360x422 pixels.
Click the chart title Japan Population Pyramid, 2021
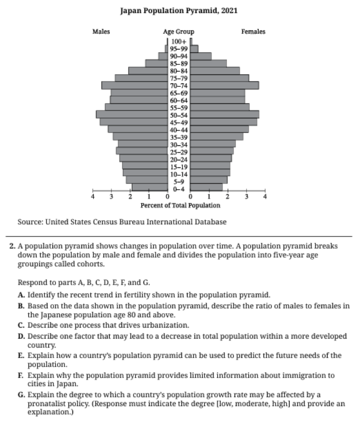click(x=179, y=10)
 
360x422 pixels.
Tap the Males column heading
click(x=101, y=31)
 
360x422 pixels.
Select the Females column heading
click(x=253, y=31)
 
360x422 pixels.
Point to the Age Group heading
click(x=178, y=31)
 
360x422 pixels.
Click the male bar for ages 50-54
click(x=131, y=114)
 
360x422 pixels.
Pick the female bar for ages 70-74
click(x=224, y=85)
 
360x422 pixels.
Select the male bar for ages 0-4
click(x=149, y=187)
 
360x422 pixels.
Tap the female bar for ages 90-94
click(x=200, y=56)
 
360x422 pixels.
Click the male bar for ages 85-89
click(x=156, y=63)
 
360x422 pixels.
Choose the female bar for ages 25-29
click(x=211, y=151)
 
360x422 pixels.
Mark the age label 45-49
click(x=178, y=122)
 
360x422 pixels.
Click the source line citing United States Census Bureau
click(x=122, y=222)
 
